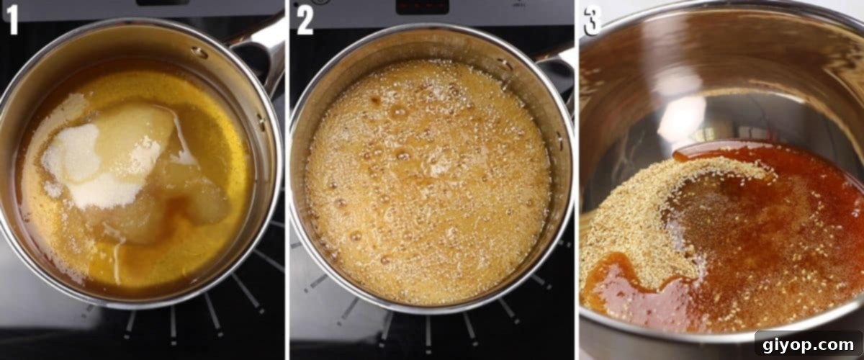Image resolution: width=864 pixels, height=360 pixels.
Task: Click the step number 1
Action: point(12,20)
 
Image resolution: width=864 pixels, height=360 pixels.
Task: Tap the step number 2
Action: point(305,20)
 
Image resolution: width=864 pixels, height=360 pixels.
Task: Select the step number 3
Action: point(592,20)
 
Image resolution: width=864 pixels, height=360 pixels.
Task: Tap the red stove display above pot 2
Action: point(423,6)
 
